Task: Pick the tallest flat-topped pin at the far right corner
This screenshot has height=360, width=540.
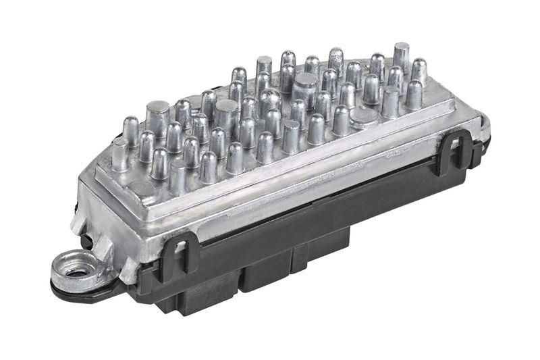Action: [x=401, y=57]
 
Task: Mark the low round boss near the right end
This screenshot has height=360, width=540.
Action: [x=365, y=117]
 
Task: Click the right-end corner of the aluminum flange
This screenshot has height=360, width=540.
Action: [x=482, y=122]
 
